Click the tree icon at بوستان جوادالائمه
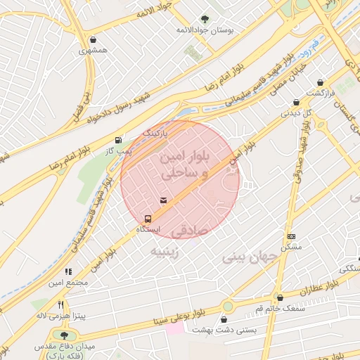(205, 20)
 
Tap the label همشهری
(94, 50)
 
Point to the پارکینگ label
(156, 132)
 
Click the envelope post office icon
(164, 201)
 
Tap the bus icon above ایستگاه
(148, 218)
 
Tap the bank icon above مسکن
(292, 236)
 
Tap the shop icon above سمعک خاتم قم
(280, 297)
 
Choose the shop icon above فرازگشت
(321, 82)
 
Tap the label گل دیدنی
(296, 112)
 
